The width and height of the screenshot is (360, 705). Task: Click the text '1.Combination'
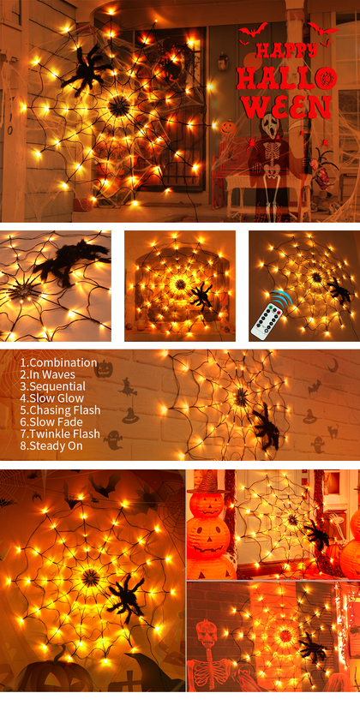pos(58,362)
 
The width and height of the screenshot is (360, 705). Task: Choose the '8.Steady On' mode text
pos(51,445)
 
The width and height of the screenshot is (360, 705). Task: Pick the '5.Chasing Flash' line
pos(60,410)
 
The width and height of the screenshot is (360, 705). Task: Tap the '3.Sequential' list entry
pos(52,386)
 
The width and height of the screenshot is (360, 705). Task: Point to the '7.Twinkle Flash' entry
pos(60,434)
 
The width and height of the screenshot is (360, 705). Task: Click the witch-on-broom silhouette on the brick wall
pos(129,386)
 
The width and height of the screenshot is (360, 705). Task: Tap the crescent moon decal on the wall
pos(333,366)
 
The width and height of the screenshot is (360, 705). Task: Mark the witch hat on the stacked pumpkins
pos(207,481)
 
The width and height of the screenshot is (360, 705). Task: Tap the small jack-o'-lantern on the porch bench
pos(228,128)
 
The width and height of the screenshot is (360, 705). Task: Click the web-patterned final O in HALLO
pos(323,78)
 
